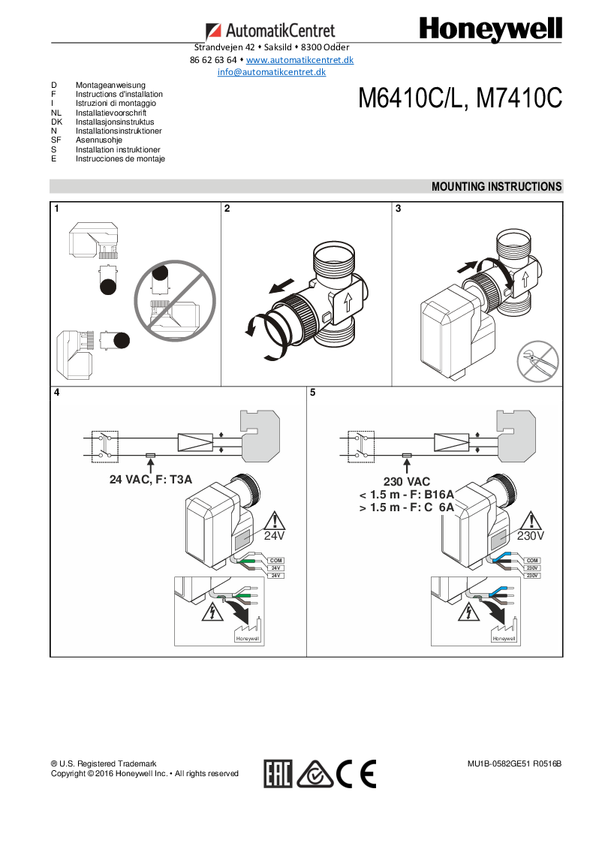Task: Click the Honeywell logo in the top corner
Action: point(490,30)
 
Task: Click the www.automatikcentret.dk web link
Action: point(300,59)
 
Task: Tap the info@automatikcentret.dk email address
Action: point(271,72)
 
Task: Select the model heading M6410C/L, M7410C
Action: point(459,98)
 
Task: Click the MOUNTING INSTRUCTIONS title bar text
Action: point(496,186)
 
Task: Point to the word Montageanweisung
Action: point(110,86)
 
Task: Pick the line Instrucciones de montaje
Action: point(120,158)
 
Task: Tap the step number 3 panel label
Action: point(398,209)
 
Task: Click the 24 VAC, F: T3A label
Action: point(151,478)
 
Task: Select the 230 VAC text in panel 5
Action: point(408,481)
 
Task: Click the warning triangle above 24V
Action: point(275,521)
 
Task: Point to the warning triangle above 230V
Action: point(531,521)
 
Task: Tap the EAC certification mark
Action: point(278,773)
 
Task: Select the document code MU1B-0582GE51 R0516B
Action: point(514,763)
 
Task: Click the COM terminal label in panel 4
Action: point(275,561)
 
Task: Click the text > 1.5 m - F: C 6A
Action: point(407,507)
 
